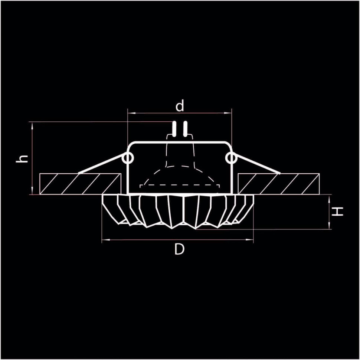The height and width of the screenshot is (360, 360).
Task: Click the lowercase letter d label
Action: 180,106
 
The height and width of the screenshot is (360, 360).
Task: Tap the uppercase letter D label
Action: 180,249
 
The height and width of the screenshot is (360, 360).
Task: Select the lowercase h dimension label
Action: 23,158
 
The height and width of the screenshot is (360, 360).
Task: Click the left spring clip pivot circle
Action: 128,159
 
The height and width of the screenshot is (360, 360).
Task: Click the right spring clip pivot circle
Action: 231,159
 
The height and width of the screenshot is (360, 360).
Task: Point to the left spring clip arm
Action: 102,166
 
